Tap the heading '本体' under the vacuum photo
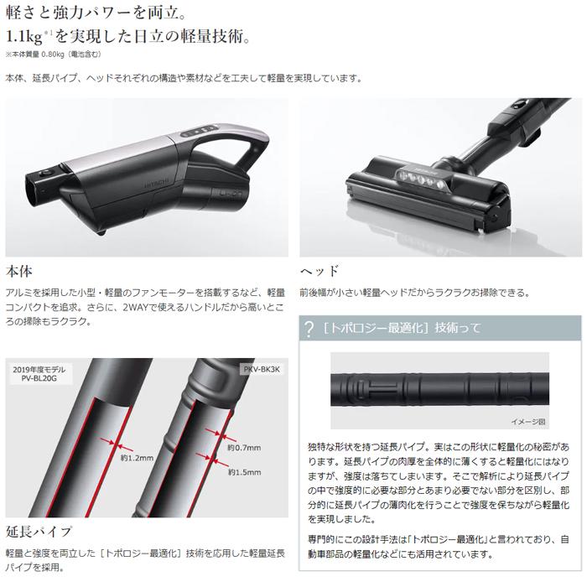coord(19,271)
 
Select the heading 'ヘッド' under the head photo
coord(319,271)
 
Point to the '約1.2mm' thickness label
coord(137,459)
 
